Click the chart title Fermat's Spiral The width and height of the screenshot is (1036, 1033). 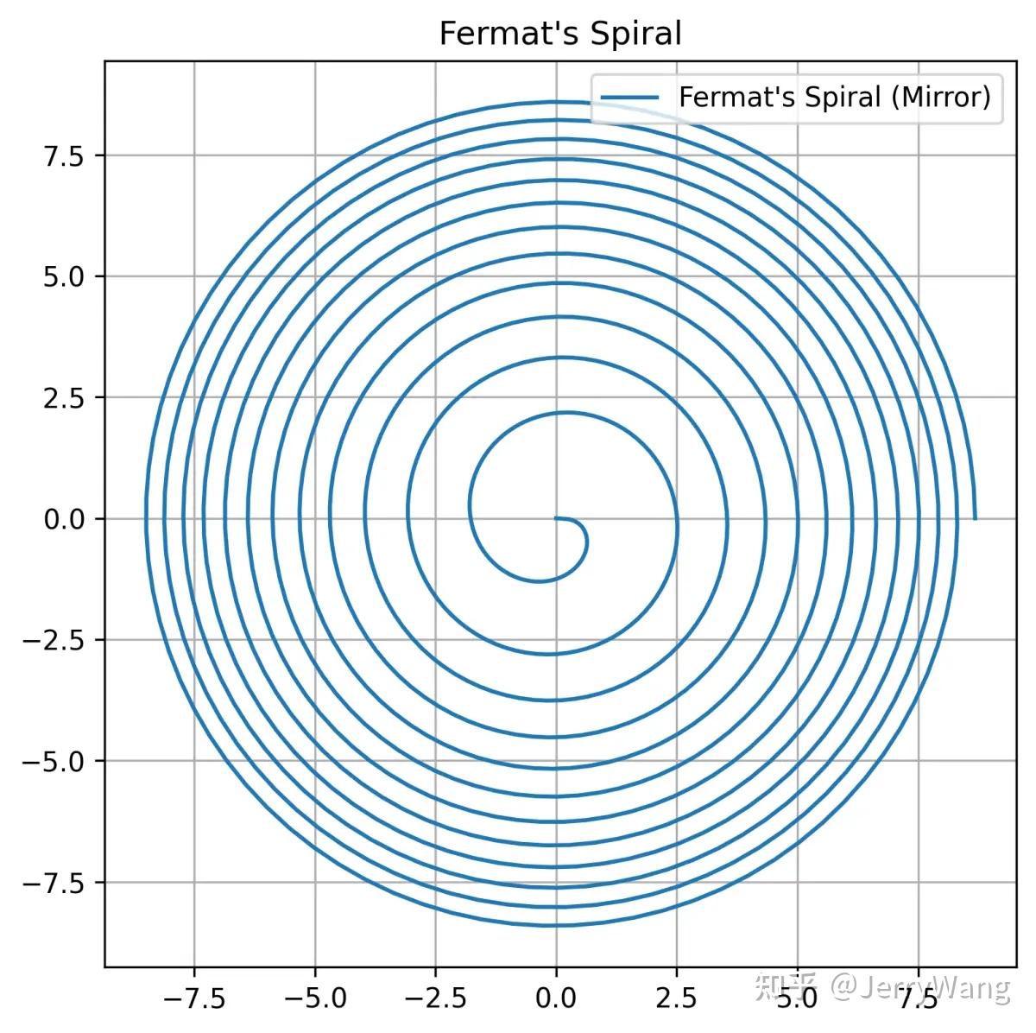(x=559, y=34)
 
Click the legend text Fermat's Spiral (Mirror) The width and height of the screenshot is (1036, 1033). (x=834, y=98)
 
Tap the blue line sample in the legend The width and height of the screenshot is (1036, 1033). (x=629, y=98)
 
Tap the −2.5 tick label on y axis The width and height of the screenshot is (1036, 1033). (x=54, y=641)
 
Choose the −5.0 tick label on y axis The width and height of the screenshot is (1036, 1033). (x=54, y=762)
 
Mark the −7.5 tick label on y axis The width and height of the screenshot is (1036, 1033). (x=54, y=883)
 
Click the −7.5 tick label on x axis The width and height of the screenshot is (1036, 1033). (x=194, y=998)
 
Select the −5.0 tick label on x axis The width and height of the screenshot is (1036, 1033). (x=315, y=998)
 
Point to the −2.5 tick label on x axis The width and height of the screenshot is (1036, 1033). (x=435, y=998)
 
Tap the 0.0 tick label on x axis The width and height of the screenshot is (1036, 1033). (x=556, y=998)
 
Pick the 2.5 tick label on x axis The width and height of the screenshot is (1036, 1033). (x=676, y=998)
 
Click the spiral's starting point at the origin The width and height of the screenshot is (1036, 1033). (x=556, y=518)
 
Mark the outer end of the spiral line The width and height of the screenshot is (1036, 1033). (x=975, y=519)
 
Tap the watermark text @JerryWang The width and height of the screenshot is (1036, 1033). (x=920, y=985)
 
